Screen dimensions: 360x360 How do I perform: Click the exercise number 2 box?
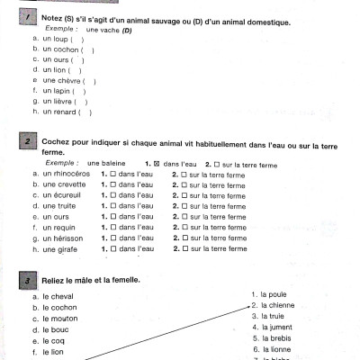click(30, 143)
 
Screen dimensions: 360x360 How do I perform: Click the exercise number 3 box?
click(30, 280)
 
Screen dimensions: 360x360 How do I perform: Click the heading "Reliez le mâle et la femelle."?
click(91, 280)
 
